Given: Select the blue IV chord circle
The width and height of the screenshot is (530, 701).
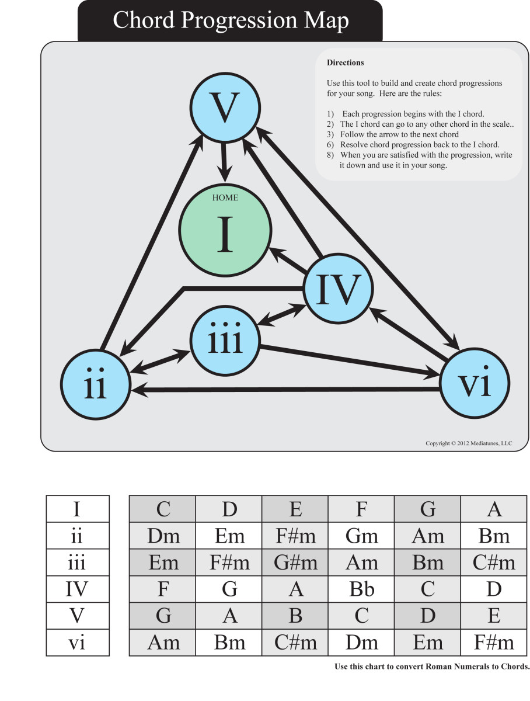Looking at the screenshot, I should pyautogui.click(x=337, y=289).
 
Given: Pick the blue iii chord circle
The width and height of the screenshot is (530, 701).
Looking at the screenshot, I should pyautogui.click(x=225, y=341).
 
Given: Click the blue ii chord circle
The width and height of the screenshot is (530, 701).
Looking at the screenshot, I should pyautogui.click(x=95, y=384).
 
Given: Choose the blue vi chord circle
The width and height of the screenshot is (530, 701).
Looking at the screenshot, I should pyautogui.click(x=475, y=384).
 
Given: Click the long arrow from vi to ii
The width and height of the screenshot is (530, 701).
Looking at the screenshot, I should pyautogui.click(x=286, y=389).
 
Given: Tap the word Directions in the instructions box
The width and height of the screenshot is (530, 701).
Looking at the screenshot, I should pyautogui.click(x=345, y=63).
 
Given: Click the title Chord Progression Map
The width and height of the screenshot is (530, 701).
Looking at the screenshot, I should pyautogui.click(x=230, y=20).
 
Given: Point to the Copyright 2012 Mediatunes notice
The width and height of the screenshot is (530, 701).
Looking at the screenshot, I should pyautogui.click(x=468, y=444).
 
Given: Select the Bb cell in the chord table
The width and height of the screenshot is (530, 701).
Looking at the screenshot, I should pyautogui.click(x=361, y=589).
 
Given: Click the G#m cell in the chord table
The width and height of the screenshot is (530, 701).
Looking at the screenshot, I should pyautogui.click(x=295, y=563).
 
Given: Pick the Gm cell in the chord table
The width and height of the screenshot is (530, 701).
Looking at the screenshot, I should pyautogui.click(x=361, y=536).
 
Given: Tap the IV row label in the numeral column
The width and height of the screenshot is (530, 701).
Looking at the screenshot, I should pyautogui.click(x=78, y=589).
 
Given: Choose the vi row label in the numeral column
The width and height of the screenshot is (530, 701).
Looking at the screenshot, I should pyautogui.click(x=78, y=643).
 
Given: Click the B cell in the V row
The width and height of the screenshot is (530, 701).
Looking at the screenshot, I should pyautogui.click(x=295, y=616).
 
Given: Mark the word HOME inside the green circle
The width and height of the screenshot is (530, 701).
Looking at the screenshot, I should pyautogui.click(x=225, y=197).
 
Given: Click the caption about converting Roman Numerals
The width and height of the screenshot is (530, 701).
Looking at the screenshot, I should pyautogui.click(x=431, y=667).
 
